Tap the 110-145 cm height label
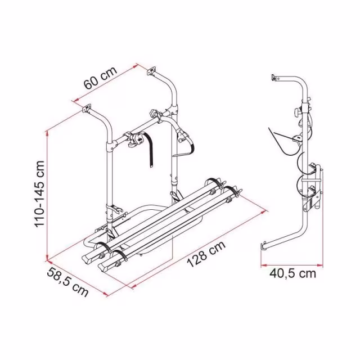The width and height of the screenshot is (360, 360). [39, 194]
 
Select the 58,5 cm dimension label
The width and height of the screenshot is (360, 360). [67, 282]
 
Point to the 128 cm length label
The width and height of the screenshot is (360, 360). [206, 254]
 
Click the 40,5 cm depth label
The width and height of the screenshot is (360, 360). [292, 273]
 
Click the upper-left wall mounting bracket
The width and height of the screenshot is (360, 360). [87, 109]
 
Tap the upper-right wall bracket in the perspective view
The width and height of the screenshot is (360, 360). [151, 70]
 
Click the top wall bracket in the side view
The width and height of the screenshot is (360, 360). [275, 78]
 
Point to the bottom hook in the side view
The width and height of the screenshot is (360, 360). [263, 246]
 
